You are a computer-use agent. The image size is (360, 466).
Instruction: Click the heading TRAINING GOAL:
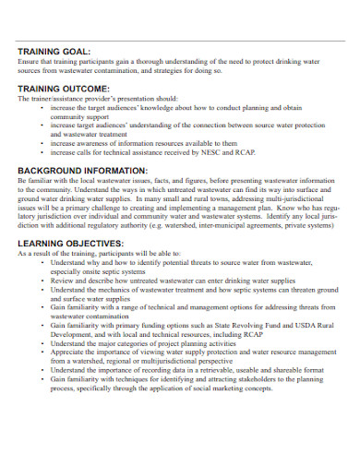click(x=54, y=51)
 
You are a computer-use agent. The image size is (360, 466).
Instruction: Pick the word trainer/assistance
click(x=56, y=98)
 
